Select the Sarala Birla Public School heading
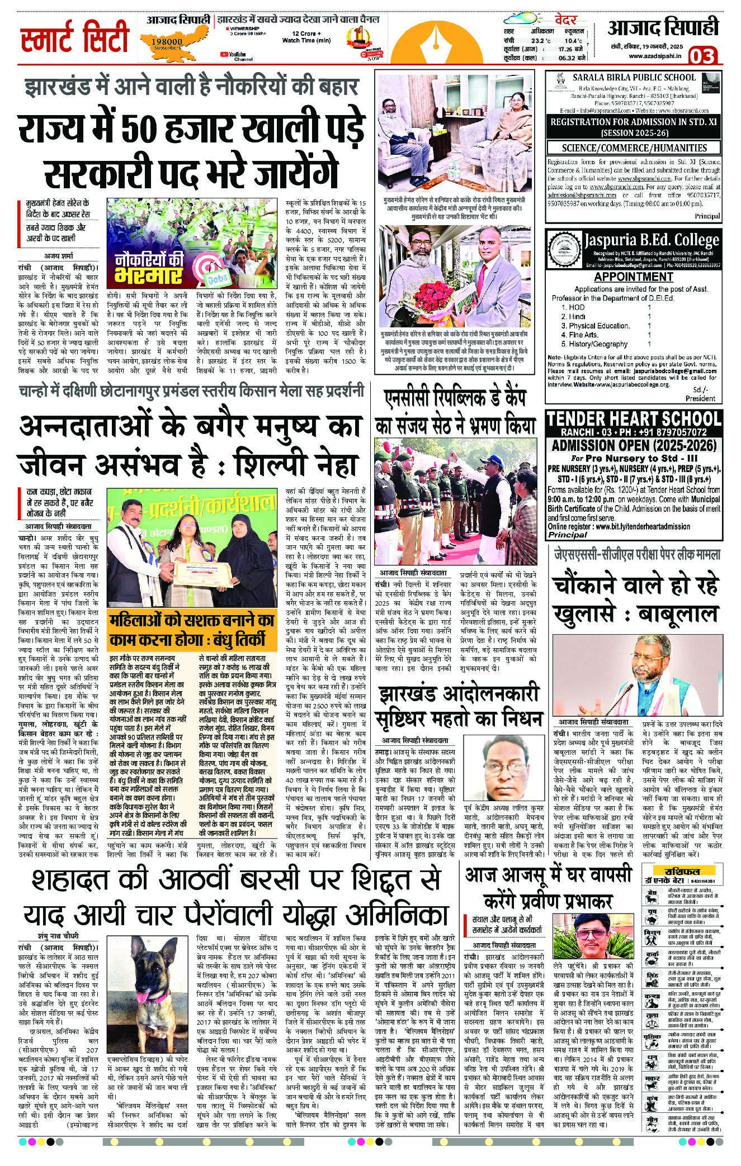coord(634,78)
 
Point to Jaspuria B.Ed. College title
coord(652,241)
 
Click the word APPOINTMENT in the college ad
coord(633,277)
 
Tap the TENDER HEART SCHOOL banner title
coord(634,419)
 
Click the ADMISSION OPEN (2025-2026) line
coord(634,445)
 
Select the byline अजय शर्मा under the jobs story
coord(58,256)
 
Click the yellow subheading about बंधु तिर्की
coord(191,630)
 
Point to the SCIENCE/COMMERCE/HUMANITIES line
coord(634,147)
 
